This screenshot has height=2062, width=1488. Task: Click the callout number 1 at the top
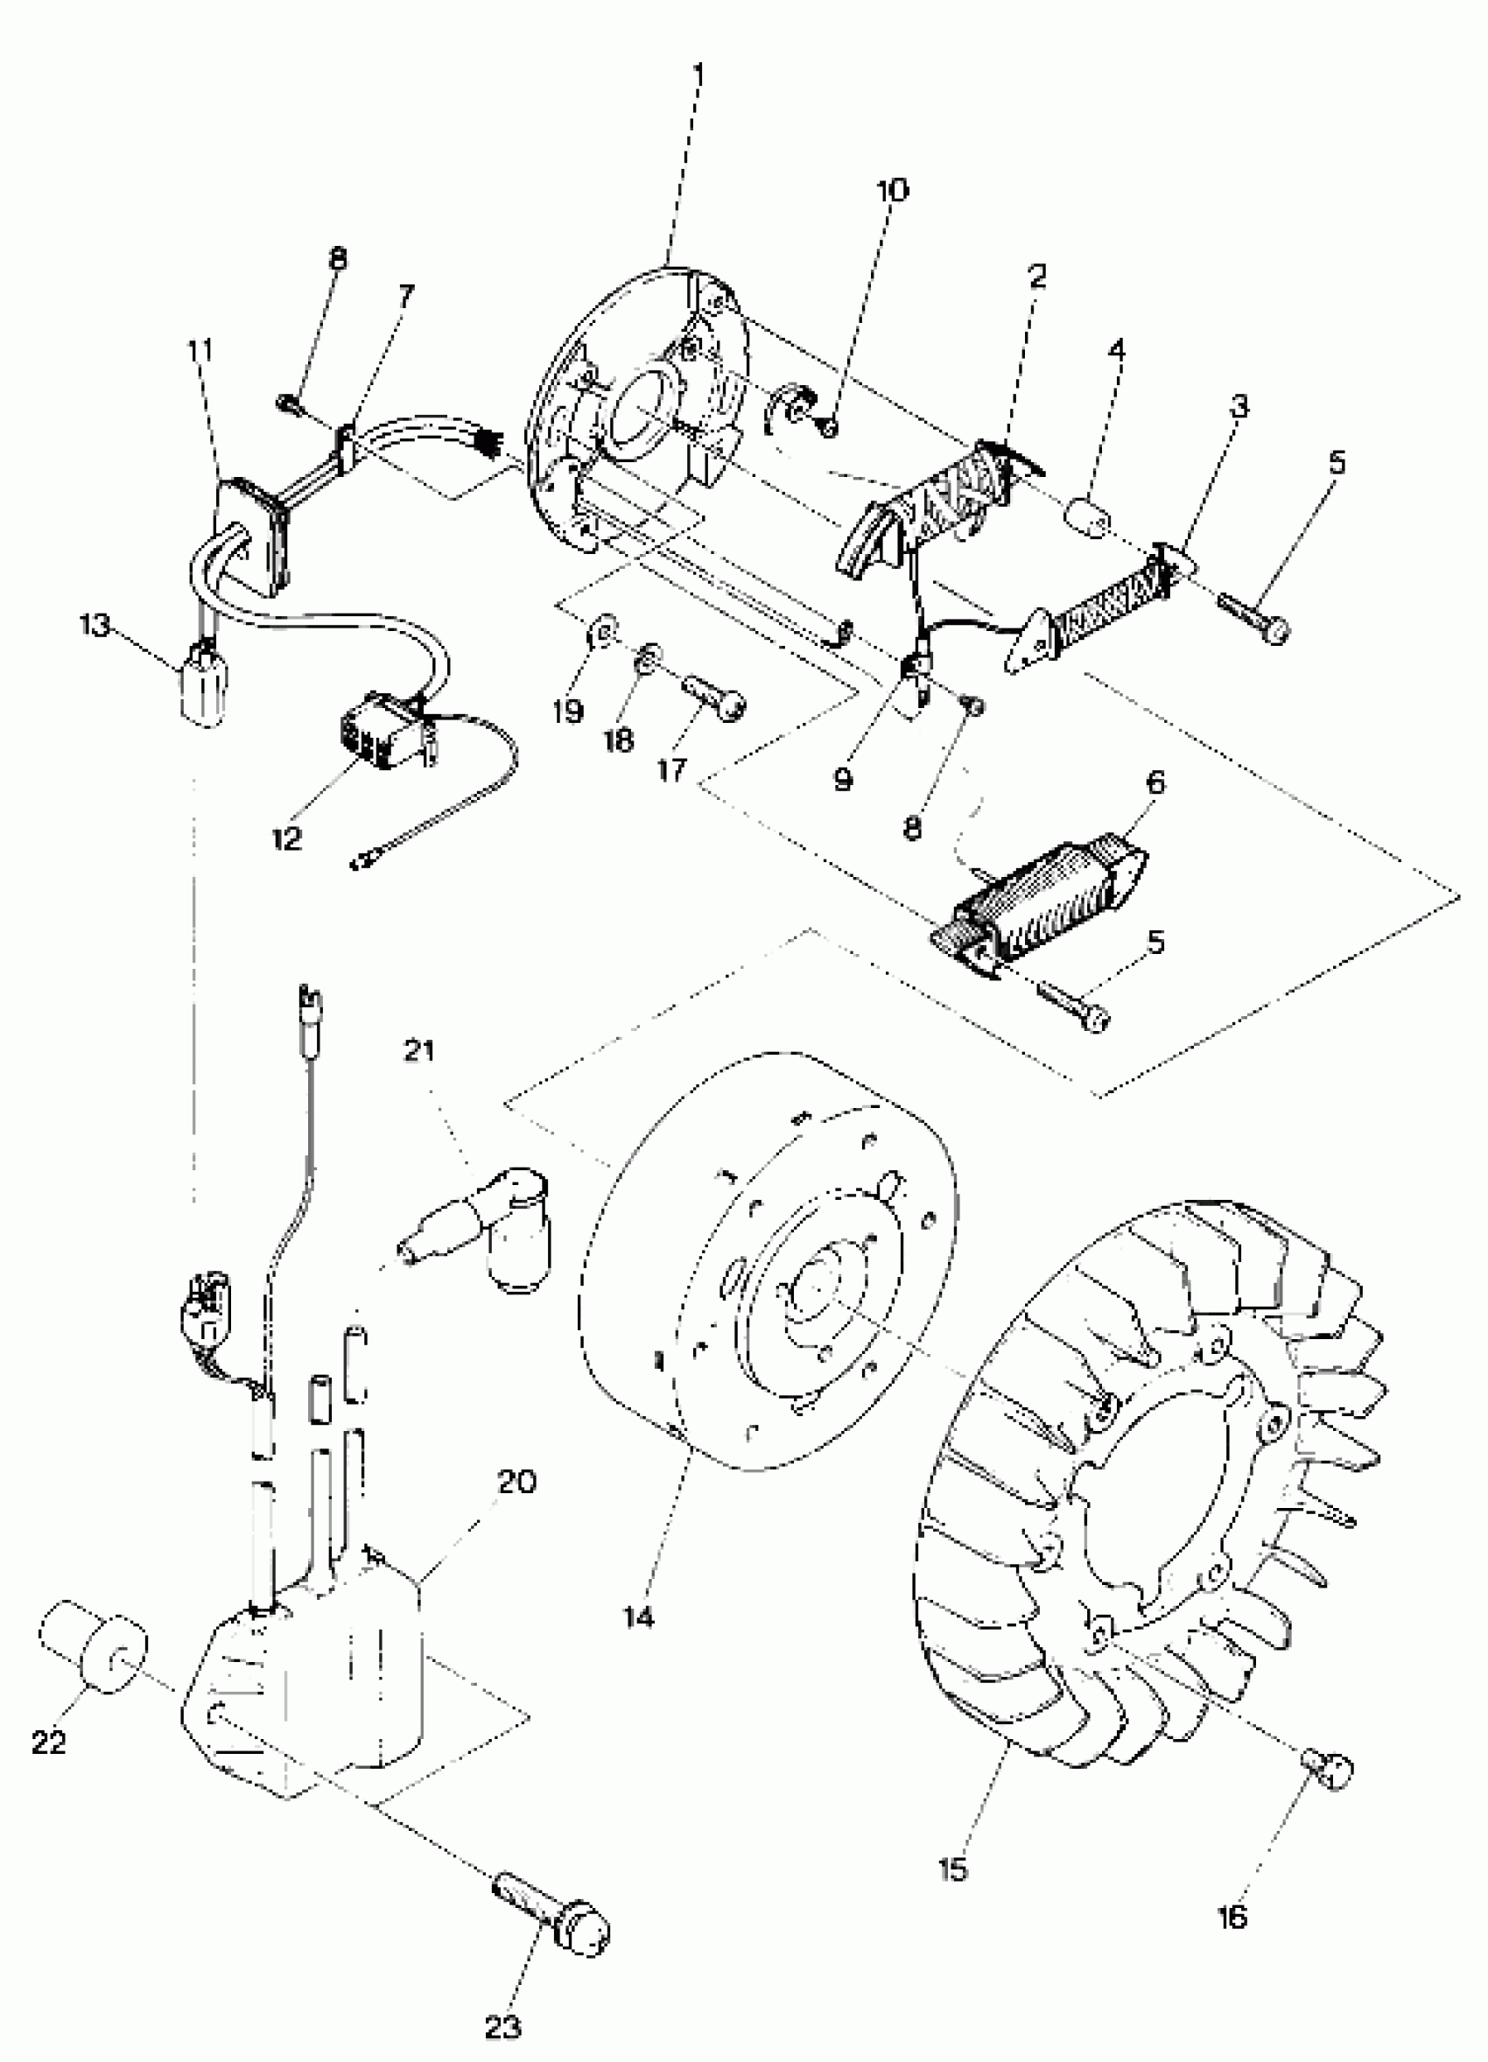point(698,73)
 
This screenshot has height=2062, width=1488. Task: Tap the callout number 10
point(892,190)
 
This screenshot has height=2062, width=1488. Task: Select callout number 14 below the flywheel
point(639,1617)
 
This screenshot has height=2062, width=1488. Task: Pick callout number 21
point(418,1052)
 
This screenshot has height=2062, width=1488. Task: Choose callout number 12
point(286,838)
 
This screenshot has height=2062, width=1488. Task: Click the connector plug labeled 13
point(205,686)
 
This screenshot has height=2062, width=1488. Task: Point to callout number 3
point(1239,406)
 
